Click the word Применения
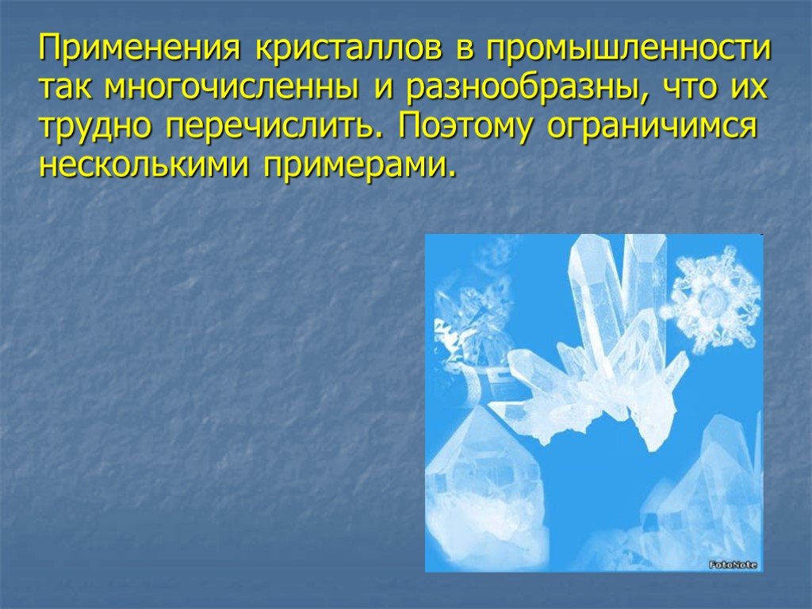140,48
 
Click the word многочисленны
231,87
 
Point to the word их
749,87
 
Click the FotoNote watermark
733,565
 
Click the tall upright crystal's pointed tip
584,236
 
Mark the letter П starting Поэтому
408,125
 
